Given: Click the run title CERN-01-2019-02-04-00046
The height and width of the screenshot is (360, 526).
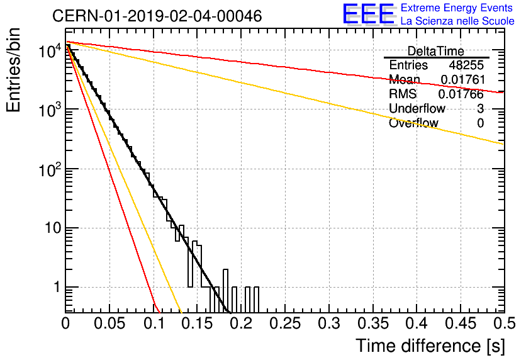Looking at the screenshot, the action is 157,16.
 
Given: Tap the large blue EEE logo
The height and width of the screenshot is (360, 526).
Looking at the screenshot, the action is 369,14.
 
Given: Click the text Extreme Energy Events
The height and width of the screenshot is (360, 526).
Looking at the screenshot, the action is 457,8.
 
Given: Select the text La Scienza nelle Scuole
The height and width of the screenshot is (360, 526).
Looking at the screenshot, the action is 457,21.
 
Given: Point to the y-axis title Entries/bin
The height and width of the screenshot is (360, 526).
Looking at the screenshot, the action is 13,70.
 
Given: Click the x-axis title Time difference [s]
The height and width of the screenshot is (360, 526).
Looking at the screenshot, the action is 430,346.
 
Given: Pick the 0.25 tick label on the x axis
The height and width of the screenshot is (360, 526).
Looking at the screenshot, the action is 285,323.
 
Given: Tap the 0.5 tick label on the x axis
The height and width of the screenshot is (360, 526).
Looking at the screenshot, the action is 505,323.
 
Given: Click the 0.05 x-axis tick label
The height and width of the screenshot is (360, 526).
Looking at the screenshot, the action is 109,323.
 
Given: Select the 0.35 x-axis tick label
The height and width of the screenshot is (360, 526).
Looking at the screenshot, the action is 373,323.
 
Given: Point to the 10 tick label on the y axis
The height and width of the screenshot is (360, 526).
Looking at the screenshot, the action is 53,228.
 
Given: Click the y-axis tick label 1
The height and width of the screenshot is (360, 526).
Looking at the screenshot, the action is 57,287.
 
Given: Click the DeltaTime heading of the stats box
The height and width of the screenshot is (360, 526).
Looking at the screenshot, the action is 436,51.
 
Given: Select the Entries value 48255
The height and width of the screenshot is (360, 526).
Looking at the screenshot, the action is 466,65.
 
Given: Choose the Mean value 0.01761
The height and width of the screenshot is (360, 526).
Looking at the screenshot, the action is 463,79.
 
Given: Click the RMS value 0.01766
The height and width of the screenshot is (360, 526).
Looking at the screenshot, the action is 461,94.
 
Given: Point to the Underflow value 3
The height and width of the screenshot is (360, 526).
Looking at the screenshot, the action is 480,108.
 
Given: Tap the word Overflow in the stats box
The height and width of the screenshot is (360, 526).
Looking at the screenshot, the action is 413,123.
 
